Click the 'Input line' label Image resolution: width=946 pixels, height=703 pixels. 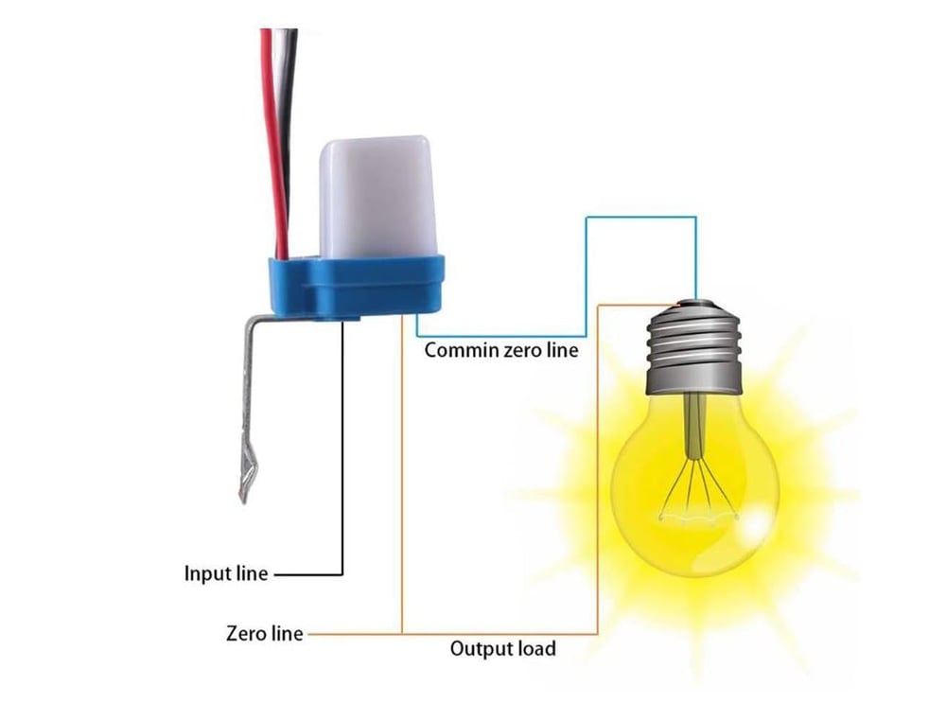click(226, 572)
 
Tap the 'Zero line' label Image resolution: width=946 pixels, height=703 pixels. click(264, 634)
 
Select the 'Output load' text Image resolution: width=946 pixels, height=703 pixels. click(502, 649)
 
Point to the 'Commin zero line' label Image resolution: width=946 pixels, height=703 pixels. click(500, 350)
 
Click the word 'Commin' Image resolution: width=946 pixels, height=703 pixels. click(463, 350)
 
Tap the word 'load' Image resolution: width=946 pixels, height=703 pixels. click(534, 649)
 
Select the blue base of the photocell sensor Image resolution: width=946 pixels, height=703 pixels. click(356, 286)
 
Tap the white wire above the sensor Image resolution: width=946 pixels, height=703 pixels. click(282, 139)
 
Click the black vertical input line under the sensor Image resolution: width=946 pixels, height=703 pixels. click(342, 447)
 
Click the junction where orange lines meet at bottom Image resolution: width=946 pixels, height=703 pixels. click(402, 634)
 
